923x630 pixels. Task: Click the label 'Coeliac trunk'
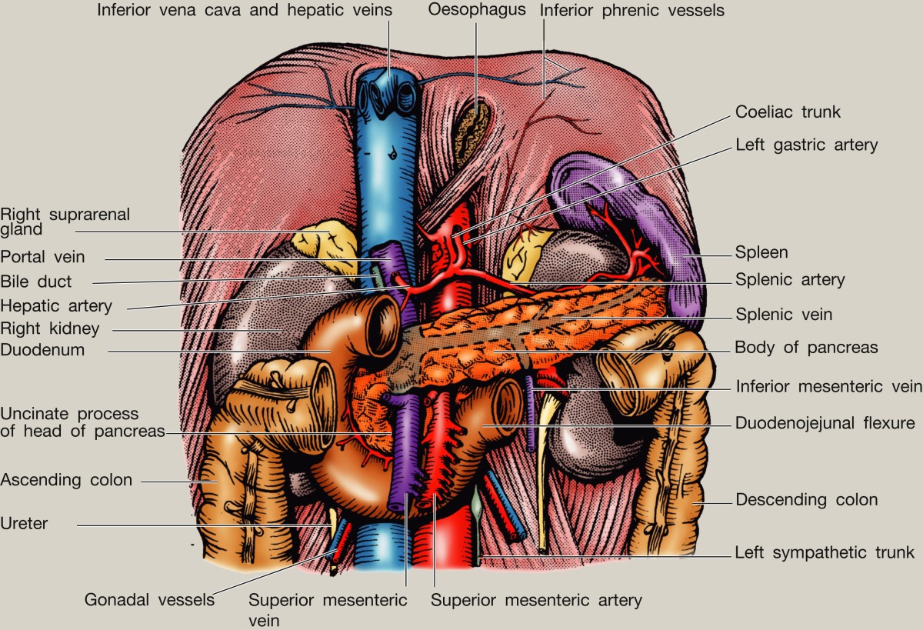pyautogui.click(x=788, y=112)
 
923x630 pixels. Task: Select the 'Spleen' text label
pyautogui.click(x=761, y=252)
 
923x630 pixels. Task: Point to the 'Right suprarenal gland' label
pyautogui.click(x=65, y=222)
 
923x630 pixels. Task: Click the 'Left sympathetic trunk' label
pyautogui.click(x=825, y=552)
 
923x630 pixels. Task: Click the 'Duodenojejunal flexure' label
pyautogui.click(x=825, y=423)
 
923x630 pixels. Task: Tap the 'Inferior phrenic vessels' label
pyautogui.click(x=631, y=11)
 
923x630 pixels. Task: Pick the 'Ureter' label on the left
pyautogui.click(x=24, y=524)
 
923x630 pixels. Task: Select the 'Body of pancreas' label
pyautogui.click(x=806, y=348)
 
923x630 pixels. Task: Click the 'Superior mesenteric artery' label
pyautogui.click(x=536, y=599)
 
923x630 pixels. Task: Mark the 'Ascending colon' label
pyautogui.click(x=66, y=480)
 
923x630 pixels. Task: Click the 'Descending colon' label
pyautogui.click(x=806, y=500)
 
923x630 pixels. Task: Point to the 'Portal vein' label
pyautogui.click(x=43, y=256)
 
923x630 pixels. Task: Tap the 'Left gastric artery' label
pyautogui.click(x=806, y=145)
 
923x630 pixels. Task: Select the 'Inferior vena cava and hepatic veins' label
pyautogui.click(x=245, y=11)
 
